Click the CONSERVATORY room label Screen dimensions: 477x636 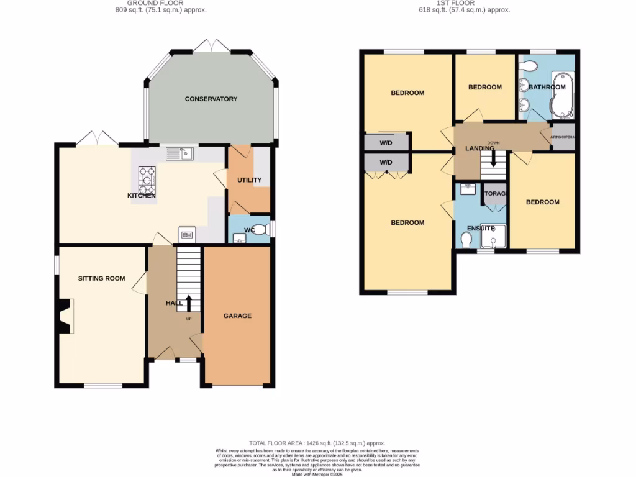coord(211,99)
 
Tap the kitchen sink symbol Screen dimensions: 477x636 coord(179,153)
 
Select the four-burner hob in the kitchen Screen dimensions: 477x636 coord(147,180)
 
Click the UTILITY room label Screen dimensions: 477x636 coord(249,180)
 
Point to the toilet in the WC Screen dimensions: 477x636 coord(264,230)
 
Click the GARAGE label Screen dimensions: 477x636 coord(237,316)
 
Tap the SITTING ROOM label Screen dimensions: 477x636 coord(101,278)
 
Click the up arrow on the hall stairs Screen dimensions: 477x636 coord(189,303)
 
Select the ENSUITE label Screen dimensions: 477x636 coord(480,228)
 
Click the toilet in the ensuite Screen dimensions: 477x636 coord(466,238)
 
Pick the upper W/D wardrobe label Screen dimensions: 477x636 coord(386,142)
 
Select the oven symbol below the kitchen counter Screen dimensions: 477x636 coord(188,234)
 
